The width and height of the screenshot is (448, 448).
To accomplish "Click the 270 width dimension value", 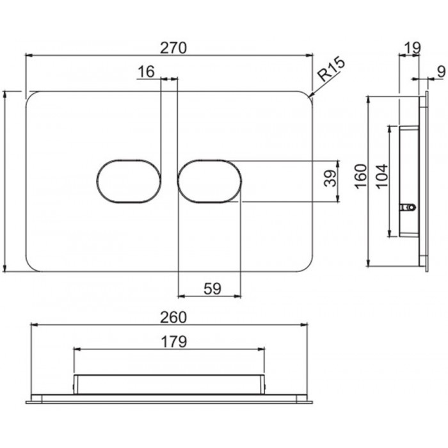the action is pos(173,48).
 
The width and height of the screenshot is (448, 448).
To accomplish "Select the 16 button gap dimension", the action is pos(147,72).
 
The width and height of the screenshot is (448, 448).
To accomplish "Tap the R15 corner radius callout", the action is pos(332,70).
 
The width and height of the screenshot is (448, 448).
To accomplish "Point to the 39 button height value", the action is pos(331,179).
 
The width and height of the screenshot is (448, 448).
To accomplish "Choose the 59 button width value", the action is pos(212,289).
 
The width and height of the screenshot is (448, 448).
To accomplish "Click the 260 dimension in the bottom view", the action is pos(173,317).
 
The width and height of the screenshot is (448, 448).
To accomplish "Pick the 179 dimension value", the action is pos(174,341).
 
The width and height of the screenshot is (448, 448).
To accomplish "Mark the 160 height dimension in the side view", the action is pos(360,176).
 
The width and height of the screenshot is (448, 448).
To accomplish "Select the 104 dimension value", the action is pos(382,176).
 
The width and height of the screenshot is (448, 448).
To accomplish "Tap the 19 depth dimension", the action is pos(413,48).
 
